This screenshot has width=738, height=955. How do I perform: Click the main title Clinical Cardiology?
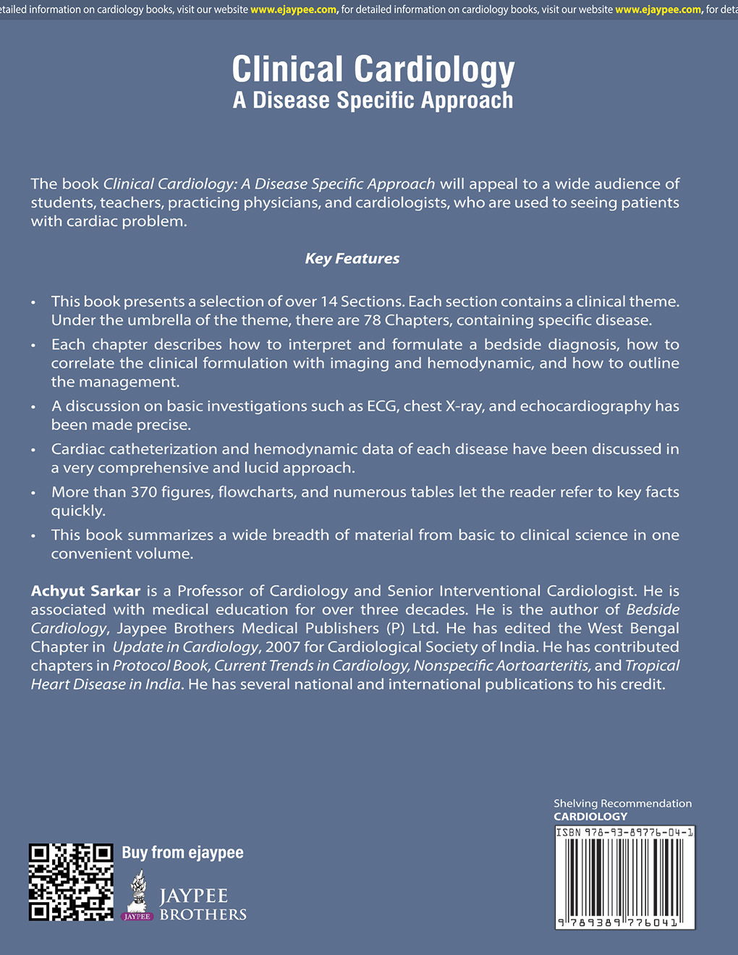pos(373,70)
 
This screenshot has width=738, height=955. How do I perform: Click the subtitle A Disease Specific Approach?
pos(373,101)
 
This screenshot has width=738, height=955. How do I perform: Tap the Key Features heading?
pos(352,259)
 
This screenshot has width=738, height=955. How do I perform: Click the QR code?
pos(71,882)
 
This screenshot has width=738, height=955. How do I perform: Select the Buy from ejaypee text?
pos(182,853)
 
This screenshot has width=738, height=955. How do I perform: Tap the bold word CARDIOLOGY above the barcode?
pos(590,817)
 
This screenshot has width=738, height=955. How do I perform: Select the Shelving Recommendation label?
pos(622,804)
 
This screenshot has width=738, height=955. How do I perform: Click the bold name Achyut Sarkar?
pos(85,591)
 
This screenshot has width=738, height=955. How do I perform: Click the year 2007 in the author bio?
pos(283,648)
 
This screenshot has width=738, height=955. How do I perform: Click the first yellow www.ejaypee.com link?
pos(293,9)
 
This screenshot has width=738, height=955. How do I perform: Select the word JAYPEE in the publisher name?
pos(193,897)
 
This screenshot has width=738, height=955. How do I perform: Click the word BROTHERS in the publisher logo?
pos(203,915)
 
